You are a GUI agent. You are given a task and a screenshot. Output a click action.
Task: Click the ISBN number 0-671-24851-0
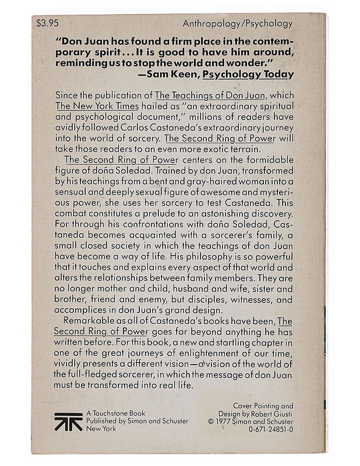[267, 429]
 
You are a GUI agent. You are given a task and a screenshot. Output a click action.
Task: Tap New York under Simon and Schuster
[101, 429]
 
